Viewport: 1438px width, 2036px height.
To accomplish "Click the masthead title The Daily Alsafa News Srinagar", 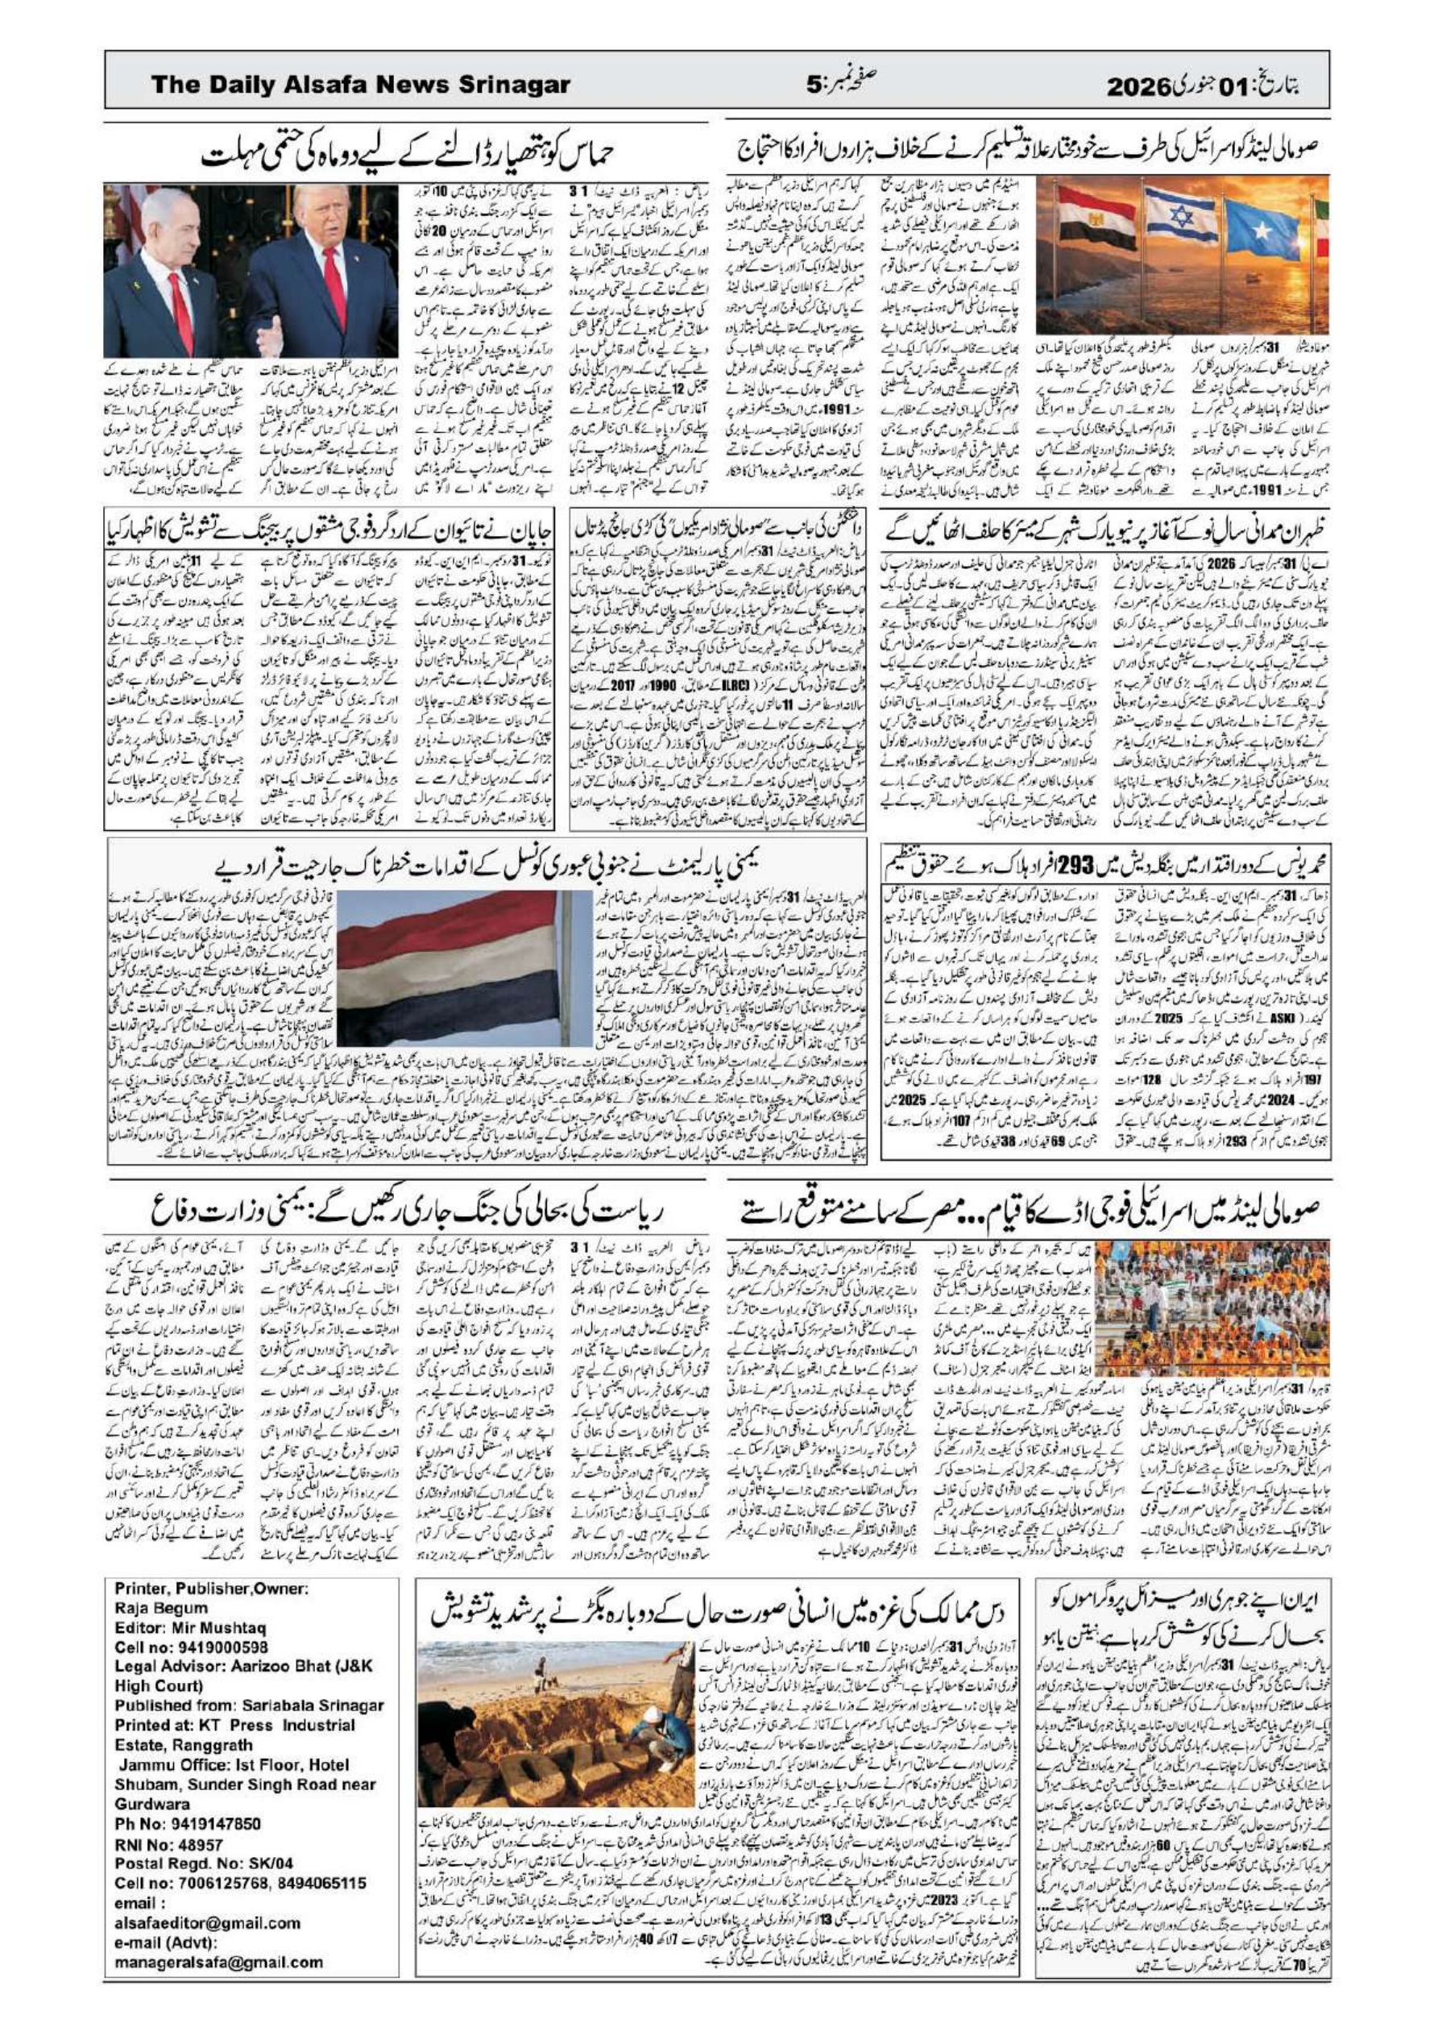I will tap(360, 85).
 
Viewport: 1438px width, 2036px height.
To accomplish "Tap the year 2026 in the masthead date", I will tap(1138, 86).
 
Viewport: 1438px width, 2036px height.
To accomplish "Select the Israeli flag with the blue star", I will tap(1180, 218).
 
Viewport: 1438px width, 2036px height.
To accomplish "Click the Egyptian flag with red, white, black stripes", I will tap(1096, 218).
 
